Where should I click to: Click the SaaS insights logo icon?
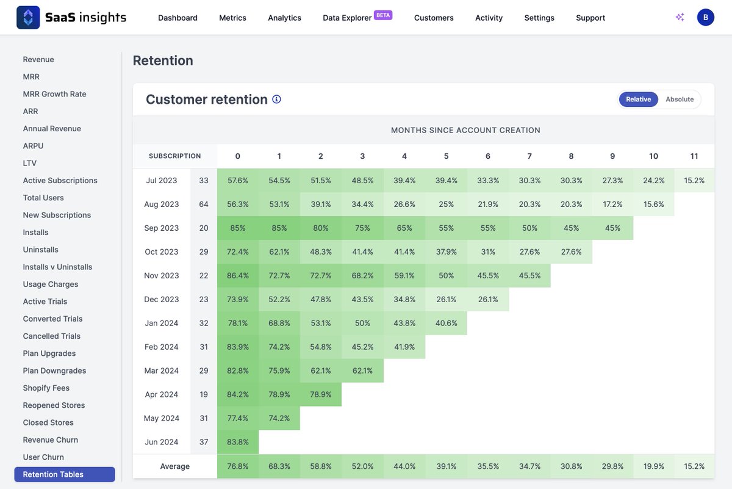point(28,18)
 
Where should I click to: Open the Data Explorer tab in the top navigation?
point(347,18)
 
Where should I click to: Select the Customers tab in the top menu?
point(434,18)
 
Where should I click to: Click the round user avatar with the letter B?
point(706,17)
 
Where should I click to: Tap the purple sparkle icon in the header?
point(680,17)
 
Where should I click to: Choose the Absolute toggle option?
point(680,100)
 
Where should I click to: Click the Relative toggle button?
point(638,100)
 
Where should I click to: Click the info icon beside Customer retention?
point(276,100)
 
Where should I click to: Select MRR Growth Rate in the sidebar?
point(54,94)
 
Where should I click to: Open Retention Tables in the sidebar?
point(53,474)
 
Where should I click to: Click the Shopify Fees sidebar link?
point(46,388)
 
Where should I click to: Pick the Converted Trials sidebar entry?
point(52,319)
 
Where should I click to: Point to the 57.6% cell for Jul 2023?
point(238,181)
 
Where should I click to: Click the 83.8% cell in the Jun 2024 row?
point(238,442)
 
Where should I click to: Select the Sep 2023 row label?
point(162,228)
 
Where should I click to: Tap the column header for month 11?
point(694,156)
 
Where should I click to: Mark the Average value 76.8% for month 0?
point(238,466)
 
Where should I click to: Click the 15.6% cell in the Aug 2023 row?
point(654,205)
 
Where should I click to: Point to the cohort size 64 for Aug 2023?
point(204,205)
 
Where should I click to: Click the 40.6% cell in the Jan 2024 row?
point(446,324)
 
